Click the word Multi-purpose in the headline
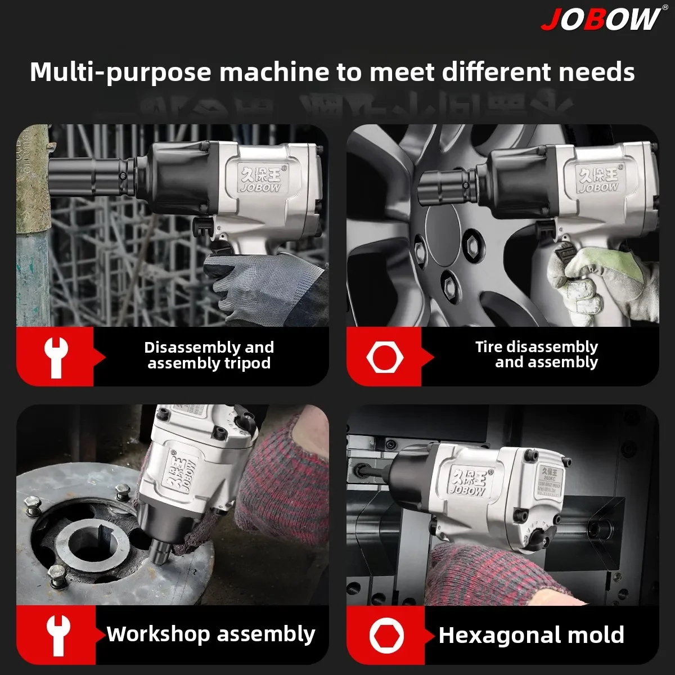[120, 72]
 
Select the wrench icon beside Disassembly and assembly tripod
[56, 357]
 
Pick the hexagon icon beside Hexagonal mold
[386, 635]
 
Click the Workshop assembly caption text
[211, 634]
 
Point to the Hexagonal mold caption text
[531, 635]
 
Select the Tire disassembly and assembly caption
[536, 354]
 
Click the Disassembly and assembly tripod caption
[209, 355]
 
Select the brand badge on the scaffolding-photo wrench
[259, 178]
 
